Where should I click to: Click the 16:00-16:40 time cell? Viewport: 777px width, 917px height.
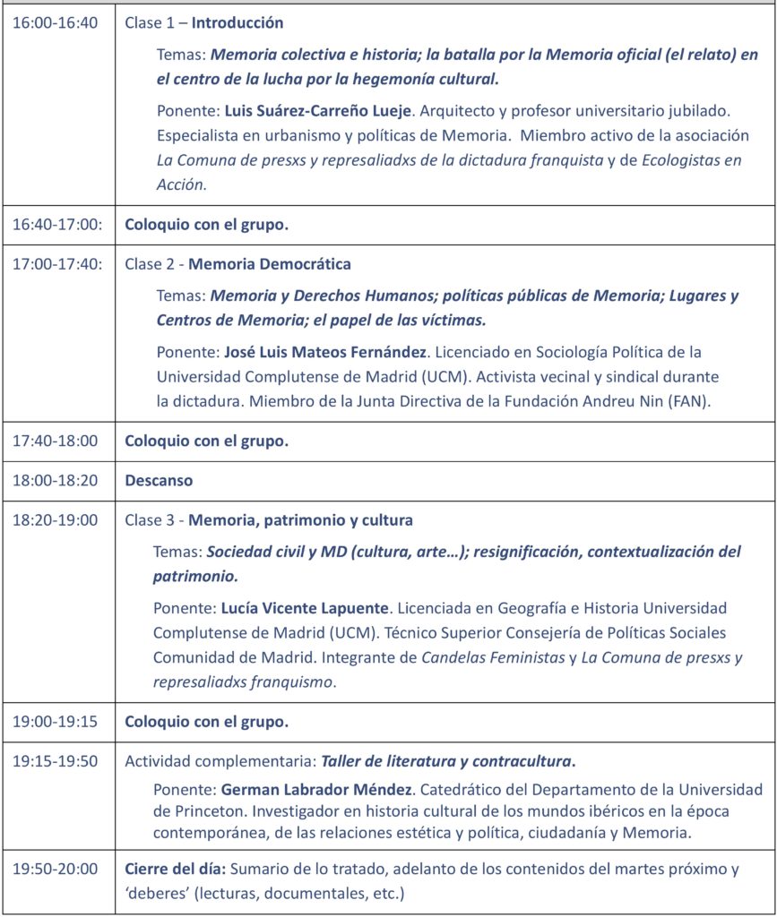(55, 23)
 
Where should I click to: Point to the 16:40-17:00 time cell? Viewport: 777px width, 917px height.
(57, 225)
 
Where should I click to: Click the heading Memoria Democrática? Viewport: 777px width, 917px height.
(270, 264)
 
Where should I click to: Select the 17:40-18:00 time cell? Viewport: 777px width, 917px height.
(55, 441)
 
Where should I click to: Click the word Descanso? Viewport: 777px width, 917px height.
(159, 480)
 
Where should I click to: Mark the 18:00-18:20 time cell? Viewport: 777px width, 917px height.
(55, 480)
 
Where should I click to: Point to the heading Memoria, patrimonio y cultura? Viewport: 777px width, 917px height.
(300, 520)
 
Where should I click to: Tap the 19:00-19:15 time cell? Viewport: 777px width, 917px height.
(55, 721)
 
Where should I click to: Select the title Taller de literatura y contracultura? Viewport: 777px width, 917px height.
(446, 761)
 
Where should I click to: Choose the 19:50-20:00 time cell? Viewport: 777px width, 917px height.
(55, 868)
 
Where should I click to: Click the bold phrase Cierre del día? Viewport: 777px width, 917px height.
(175, 868)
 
